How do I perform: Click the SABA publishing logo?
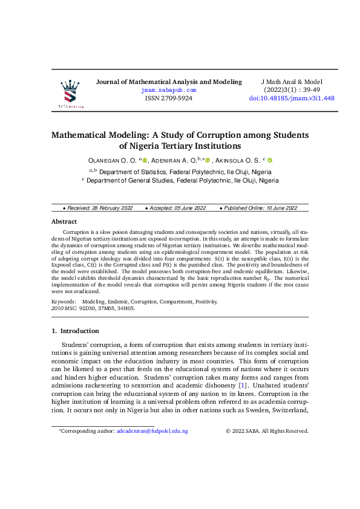pos(71,94)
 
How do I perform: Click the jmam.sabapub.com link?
pos(169,89)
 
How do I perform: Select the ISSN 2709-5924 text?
pos(169,98)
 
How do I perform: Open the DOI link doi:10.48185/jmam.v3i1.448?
pos(292,98)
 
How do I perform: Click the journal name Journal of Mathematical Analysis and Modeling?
pos(169,82)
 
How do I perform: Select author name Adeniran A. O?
pos(173,160)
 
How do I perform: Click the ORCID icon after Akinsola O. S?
pos(270,160)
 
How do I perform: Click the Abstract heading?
pos(64,222)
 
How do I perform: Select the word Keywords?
pos(64,301)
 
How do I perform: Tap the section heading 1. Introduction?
pos(75,331)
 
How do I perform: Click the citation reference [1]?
pos(243,385)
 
